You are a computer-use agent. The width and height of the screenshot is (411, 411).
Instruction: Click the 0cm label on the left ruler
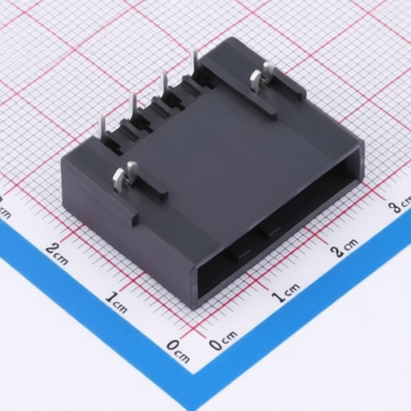coord(178,352)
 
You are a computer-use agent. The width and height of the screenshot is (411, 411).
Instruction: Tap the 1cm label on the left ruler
coord(116,303)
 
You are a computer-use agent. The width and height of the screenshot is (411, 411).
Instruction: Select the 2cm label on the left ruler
coord(57,253)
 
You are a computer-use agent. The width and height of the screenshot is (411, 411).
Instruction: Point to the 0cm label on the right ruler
coord(223,340)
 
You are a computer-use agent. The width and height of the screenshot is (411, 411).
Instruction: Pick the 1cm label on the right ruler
coord(286,293)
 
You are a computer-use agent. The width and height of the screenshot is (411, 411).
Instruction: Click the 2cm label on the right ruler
coord(344,247)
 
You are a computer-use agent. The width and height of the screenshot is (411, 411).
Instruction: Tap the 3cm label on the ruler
coord(400,205)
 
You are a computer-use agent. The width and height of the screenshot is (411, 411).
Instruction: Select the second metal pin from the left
coord(132,107)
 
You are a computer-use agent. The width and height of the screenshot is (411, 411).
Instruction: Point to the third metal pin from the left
coord(164,85)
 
